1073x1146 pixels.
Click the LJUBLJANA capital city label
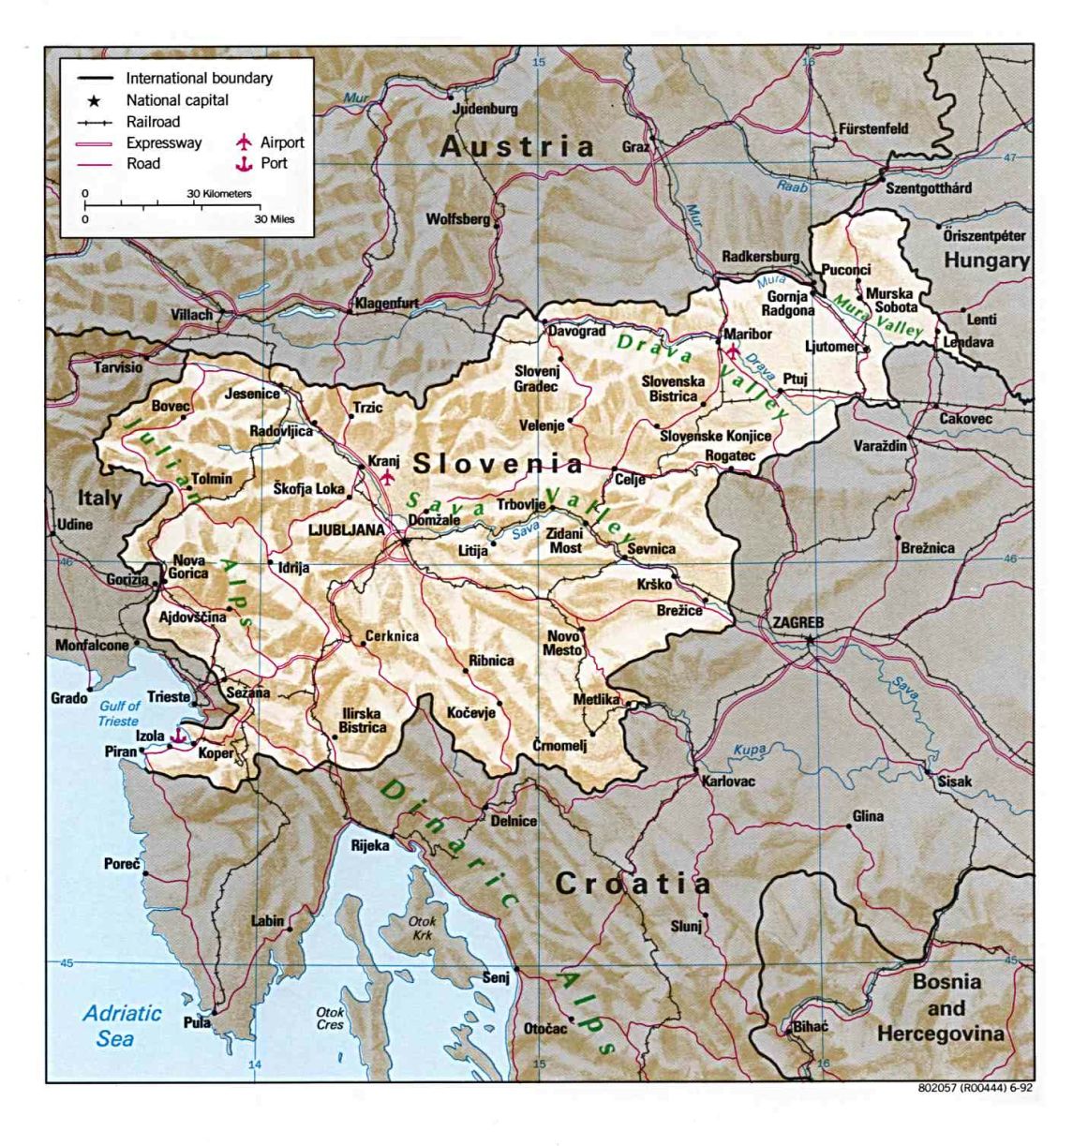click(346, 530)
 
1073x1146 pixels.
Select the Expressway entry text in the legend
click(164, 143)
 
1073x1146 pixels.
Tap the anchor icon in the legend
click(245, 164)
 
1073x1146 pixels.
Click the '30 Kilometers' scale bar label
click(219, 194)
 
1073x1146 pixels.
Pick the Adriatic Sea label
click(121, 1025)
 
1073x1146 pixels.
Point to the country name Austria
click(517, 146)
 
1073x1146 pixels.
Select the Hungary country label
click(986, 260)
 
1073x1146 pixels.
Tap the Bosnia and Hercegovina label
click(946, 1008)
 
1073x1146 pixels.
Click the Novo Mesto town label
click(563, 643)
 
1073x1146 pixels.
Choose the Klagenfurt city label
click(386, 304)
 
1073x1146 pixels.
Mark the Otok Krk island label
click(422, 928)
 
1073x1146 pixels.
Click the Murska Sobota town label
click(889, 300)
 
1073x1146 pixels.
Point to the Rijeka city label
click(369, 845)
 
